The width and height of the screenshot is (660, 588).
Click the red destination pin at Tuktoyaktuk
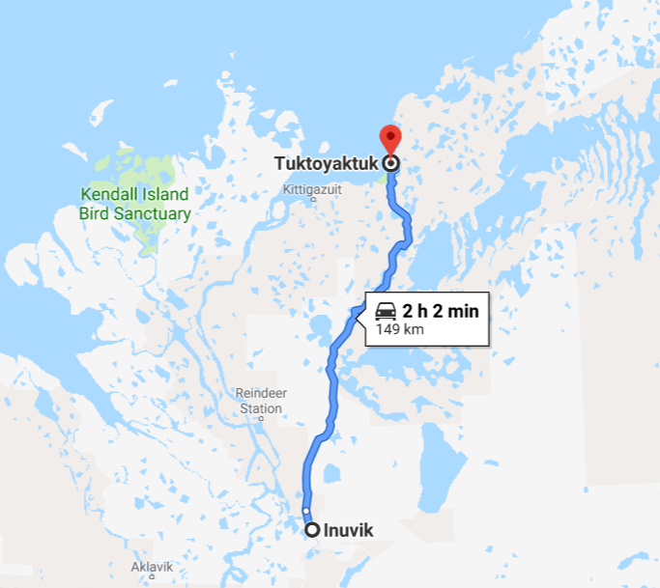tap(390, 138)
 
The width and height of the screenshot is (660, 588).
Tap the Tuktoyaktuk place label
tap(326, 164)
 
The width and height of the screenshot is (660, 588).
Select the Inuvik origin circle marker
tap(312, 529)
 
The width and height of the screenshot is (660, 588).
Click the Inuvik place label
tap(349, 530)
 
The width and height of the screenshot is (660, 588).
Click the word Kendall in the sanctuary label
tap(107, 194)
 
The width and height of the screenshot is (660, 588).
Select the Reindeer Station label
tap(261, 401)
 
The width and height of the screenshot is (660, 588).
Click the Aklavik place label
tap(153, 567)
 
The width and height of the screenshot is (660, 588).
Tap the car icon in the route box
tap(386, 311)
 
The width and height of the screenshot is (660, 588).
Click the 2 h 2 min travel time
tap(440, 311)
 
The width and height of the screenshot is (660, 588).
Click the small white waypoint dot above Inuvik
tap(306, 511)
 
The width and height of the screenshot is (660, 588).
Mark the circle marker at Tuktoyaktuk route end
tap(390, 163)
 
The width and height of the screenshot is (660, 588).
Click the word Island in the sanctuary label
tap(160, 194)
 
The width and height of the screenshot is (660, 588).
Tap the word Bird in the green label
tap(99, 213)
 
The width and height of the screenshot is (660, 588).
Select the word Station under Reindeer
tap(261, 408)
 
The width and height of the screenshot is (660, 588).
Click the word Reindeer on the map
tap(261, 393)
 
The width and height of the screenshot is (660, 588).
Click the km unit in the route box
tap(414, 329)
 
